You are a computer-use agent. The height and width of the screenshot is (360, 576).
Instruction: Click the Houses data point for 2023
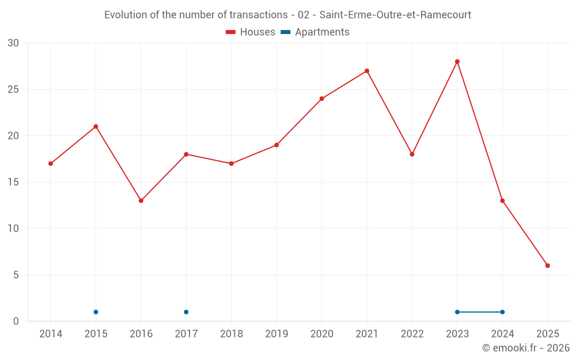click(x=457, y=62)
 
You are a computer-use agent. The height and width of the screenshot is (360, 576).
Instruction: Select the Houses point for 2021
click(x=367, y=71)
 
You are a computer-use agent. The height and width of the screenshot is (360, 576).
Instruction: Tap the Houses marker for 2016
click(x=141, y=200)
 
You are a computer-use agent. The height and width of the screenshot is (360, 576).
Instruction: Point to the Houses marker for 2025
click(x=548, y=266)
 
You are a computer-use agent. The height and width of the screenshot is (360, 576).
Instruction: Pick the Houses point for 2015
click(x=96, y=127)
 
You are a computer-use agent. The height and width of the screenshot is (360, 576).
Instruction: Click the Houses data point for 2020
click(x=322, y=98)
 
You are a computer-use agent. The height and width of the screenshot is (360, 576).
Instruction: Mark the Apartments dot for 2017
click(x=186, y=312)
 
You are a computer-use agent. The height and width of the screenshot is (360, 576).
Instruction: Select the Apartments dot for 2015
click(x=96, y=312)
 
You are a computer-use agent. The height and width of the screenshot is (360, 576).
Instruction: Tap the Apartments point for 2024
click(x=502, y=312)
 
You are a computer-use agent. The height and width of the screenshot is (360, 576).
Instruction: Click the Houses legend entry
click(x=251, y=32)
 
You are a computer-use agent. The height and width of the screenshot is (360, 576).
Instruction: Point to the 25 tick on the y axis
click(x=13, y=89)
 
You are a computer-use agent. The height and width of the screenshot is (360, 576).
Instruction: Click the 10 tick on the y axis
click(x=13, y=229)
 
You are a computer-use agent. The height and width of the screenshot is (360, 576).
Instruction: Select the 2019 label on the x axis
click(x=276, y=334)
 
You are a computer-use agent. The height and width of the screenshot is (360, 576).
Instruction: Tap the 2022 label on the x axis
click(x=412, y=334)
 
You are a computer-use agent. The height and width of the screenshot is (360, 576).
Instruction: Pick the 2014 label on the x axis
click(x=51, y=334)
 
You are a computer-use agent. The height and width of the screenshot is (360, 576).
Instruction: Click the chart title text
click(x=287, y=15)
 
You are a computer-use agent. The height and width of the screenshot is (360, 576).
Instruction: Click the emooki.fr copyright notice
click(x=525, y=348)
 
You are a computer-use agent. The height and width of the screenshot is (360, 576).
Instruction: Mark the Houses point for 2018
click(x=232, y=164)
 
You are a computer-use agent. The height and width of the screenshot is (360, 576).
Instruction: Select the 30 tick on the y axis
click(x=13, y=43)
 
